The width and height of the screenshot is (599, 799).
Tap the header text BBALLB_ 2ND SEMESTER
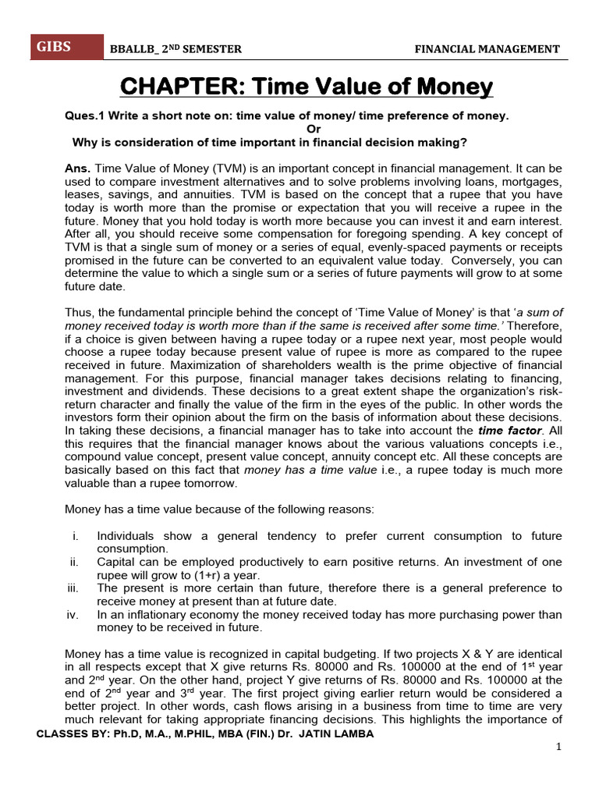point(176,49)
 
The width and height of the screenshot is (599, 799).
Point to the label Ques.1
point(83,115)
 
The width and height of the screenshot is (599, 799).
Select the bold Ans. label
point(77,169)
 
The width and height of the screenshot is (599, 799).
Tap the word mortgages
point(527,182)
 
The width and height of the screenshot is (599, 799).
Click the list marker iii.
point(73,588)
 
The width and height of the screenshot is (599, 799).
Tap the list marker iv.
point(73,615)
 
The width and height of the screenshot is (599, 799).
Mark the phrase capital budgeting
point(299,655)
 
